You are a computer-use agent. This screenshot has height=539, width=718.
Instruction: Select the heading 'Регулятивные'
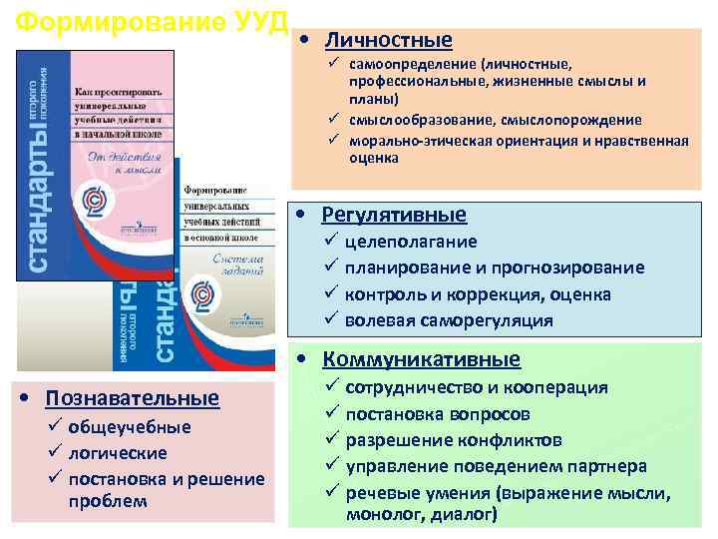tap(394, 214)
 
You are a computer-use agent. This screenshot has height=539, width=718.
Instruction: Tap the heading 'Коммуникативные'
tap(421, 359)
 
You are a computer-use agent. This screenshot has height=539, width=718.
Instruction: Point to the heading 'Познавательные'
tap(132, 398)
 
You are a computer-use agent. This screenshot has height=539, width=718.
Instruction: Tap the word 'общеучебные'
tap(129, 427)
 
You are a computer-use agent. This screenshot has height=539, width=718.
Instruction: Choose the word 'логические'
tap(118, 453)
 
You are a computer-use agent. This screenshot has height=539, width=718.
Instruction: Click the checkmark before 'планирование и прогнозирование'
tap(331, 268)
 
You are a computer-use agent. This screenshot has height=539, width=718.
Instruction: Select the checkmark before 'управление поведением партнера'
tap(331, 466)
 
